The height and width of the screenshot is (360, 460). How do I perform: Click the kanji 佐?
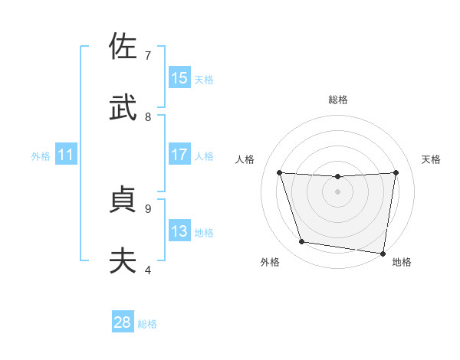point(123,47)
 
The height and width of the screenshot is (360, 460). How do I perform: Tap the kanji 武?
point(123,109)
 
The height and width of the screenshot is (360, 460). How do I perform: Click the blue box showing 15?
point(179,78)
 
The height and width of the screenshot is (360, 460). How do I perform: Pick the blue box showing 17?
point(179,155)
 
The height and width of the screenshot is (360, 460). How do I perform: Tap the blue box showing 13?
point(179,231)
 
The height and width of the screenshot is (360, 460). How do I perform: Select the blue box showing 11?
point(66,155)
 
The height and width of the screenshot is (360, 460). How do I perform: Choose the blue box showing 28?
point(123,322)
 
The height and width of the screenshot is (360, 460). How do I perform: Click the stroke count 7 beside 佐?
point(148,55)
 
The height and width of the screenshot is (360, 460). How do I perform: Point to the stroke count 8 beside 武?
point(148,116)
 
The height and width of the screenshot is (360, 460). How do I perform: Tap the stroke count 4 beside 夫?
point(148,270)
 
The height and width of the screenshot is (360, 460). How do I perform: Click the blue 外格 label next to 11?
point(41,156)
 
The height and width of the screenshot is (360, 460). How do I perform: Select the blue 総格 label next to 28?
point(147,324)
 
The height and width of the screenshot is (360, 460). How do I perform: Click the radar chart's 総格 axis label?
point(337,100)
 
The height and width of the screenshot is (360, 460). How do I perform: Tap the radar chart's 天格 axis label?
point(431,159)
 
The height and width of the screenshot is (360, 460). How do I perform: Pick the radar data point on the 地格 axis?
point(383,253)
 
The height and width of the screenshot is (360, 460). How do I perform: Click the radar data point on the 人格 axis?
point(279,172)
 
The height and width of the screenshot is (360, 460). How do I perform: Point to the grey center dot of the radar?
point(337,191)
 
